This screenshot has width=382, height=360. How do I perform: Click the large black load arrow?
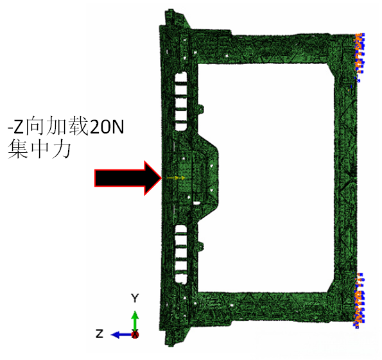pyautogui.click(x=128, y=178)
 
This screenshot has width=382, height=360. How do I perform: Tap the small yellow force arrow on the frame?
pyautogui.click(x=176, y=178)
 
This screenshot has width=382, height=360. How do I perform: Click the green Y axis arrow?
pyautogui.click(x=135, y=321)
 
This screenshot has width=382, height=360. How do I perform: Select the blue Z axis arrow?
pyautogui.click(x=122, y=335)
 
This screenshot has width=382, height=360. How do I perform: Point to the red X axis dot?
pyautogui.click(x=135, y=334)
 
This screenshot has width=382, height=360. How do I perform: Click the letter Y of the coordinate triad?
pyautogui.click(x=135, y=298)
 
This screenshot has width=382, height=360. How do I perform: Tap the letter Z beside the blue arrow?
pyautogui.click(x=100, y=334)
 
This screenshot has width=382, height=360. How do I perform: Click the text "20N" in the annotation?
pyautogui.click(x=107, y=127)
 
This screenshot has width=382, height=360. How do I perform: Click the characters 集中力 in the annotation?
pyautogui.click(x=39, y=150)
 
